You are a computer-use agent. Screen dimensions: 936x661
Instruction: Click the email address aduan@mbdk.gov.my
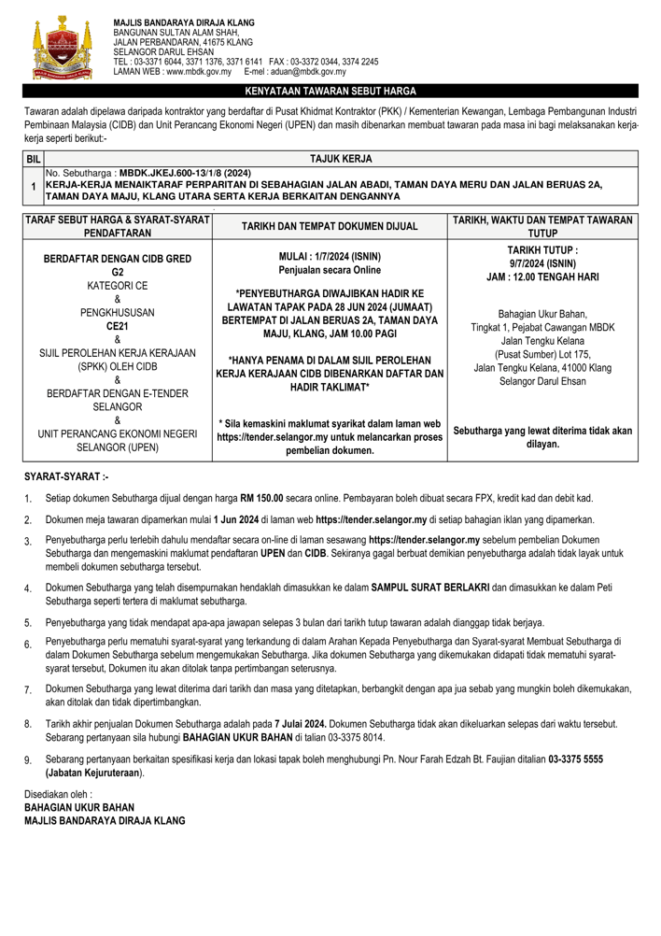(x=294, y=71)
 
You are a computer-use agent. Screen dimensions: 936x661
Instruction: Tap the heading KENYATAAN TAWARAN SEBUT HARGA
(x=330, y=92)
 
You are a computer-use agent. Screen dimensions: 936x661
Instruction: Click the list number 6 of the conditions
(x=28, y=645)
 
